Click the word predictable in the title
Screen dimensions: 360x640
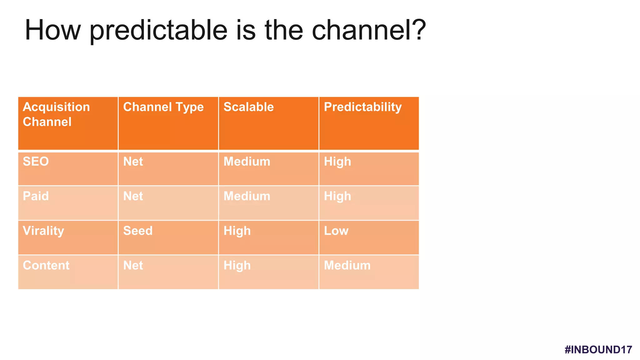pyautogui.click(x=158, y=31)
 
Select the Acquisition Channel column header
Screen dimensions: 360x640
pyautogui.click(x=56, y=114)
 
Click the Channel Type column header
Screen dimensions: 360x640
pyautogui.click(x=163, y=107)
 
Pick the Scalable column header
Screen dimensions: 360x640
pyautogui.click(x=248, y=107)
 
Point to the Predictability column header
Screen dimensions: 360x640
pyautogui.click(x=362, y=107)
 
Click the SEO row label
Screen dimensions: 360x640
pyautogui.click(x=36, y=162)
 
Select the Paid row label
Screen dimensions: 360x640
pyautogui.click(x=36, y=196)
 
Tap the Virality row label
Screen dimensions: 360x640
pyautogui.click(x=43, y=231)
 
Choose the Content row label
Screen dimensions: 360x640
pyautogui.click(x=46, y=265)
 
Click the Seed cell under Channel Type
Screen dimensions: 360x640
pyautogui.click(x=138, y=231)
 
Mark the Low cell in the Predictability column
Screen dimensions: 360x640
pyautogui.click(x=336, y=231)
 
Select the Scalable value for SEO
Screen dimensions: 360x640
pyautogui.click(x=247, y=162)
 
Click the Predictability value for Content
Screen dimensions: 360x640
pyautogui.click(x=347, y=265)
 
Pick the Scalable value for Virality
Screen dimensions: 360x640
pyautogui.click(x=237, y=231)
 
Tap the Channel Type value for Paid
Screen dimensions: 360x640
pyautogui.click(x=133, y=196)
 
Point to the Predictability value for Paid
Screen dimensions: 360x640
pyautogui.click(x=337, y=196)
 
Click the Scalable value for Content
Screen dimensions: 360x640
pyautogui.click(x=237, y=265)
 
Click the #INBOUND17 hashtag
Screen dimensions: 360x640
pyautogui.click(x=598, y=350)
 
